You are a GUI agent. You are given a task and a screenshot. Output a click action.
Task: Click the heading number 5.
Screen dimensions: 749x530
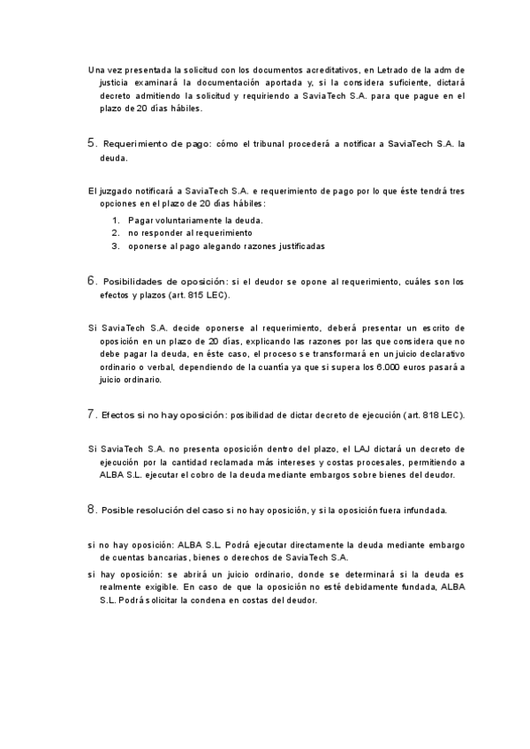(91, 141)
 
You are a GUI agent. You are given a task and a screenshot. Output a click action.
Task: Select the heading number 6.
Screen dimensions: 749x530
(91, 281)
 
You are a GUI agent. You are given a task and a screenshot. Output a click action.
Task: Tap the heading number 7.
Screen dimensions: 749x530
(91, 413)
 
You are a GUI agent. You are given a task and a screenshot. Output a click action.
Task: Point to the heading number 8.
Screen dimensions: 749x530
(91, 509)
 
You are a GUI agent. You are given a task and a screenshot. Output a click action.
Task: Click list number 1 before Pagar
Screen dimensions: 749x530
(115, 219)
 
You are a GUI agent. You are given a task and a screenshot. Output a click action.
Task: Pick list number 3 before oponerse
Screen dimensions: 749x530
(115, 246)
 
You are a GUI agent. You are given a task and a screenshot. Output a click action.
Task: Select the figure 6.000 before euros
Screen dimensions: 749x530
(392, 367)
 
